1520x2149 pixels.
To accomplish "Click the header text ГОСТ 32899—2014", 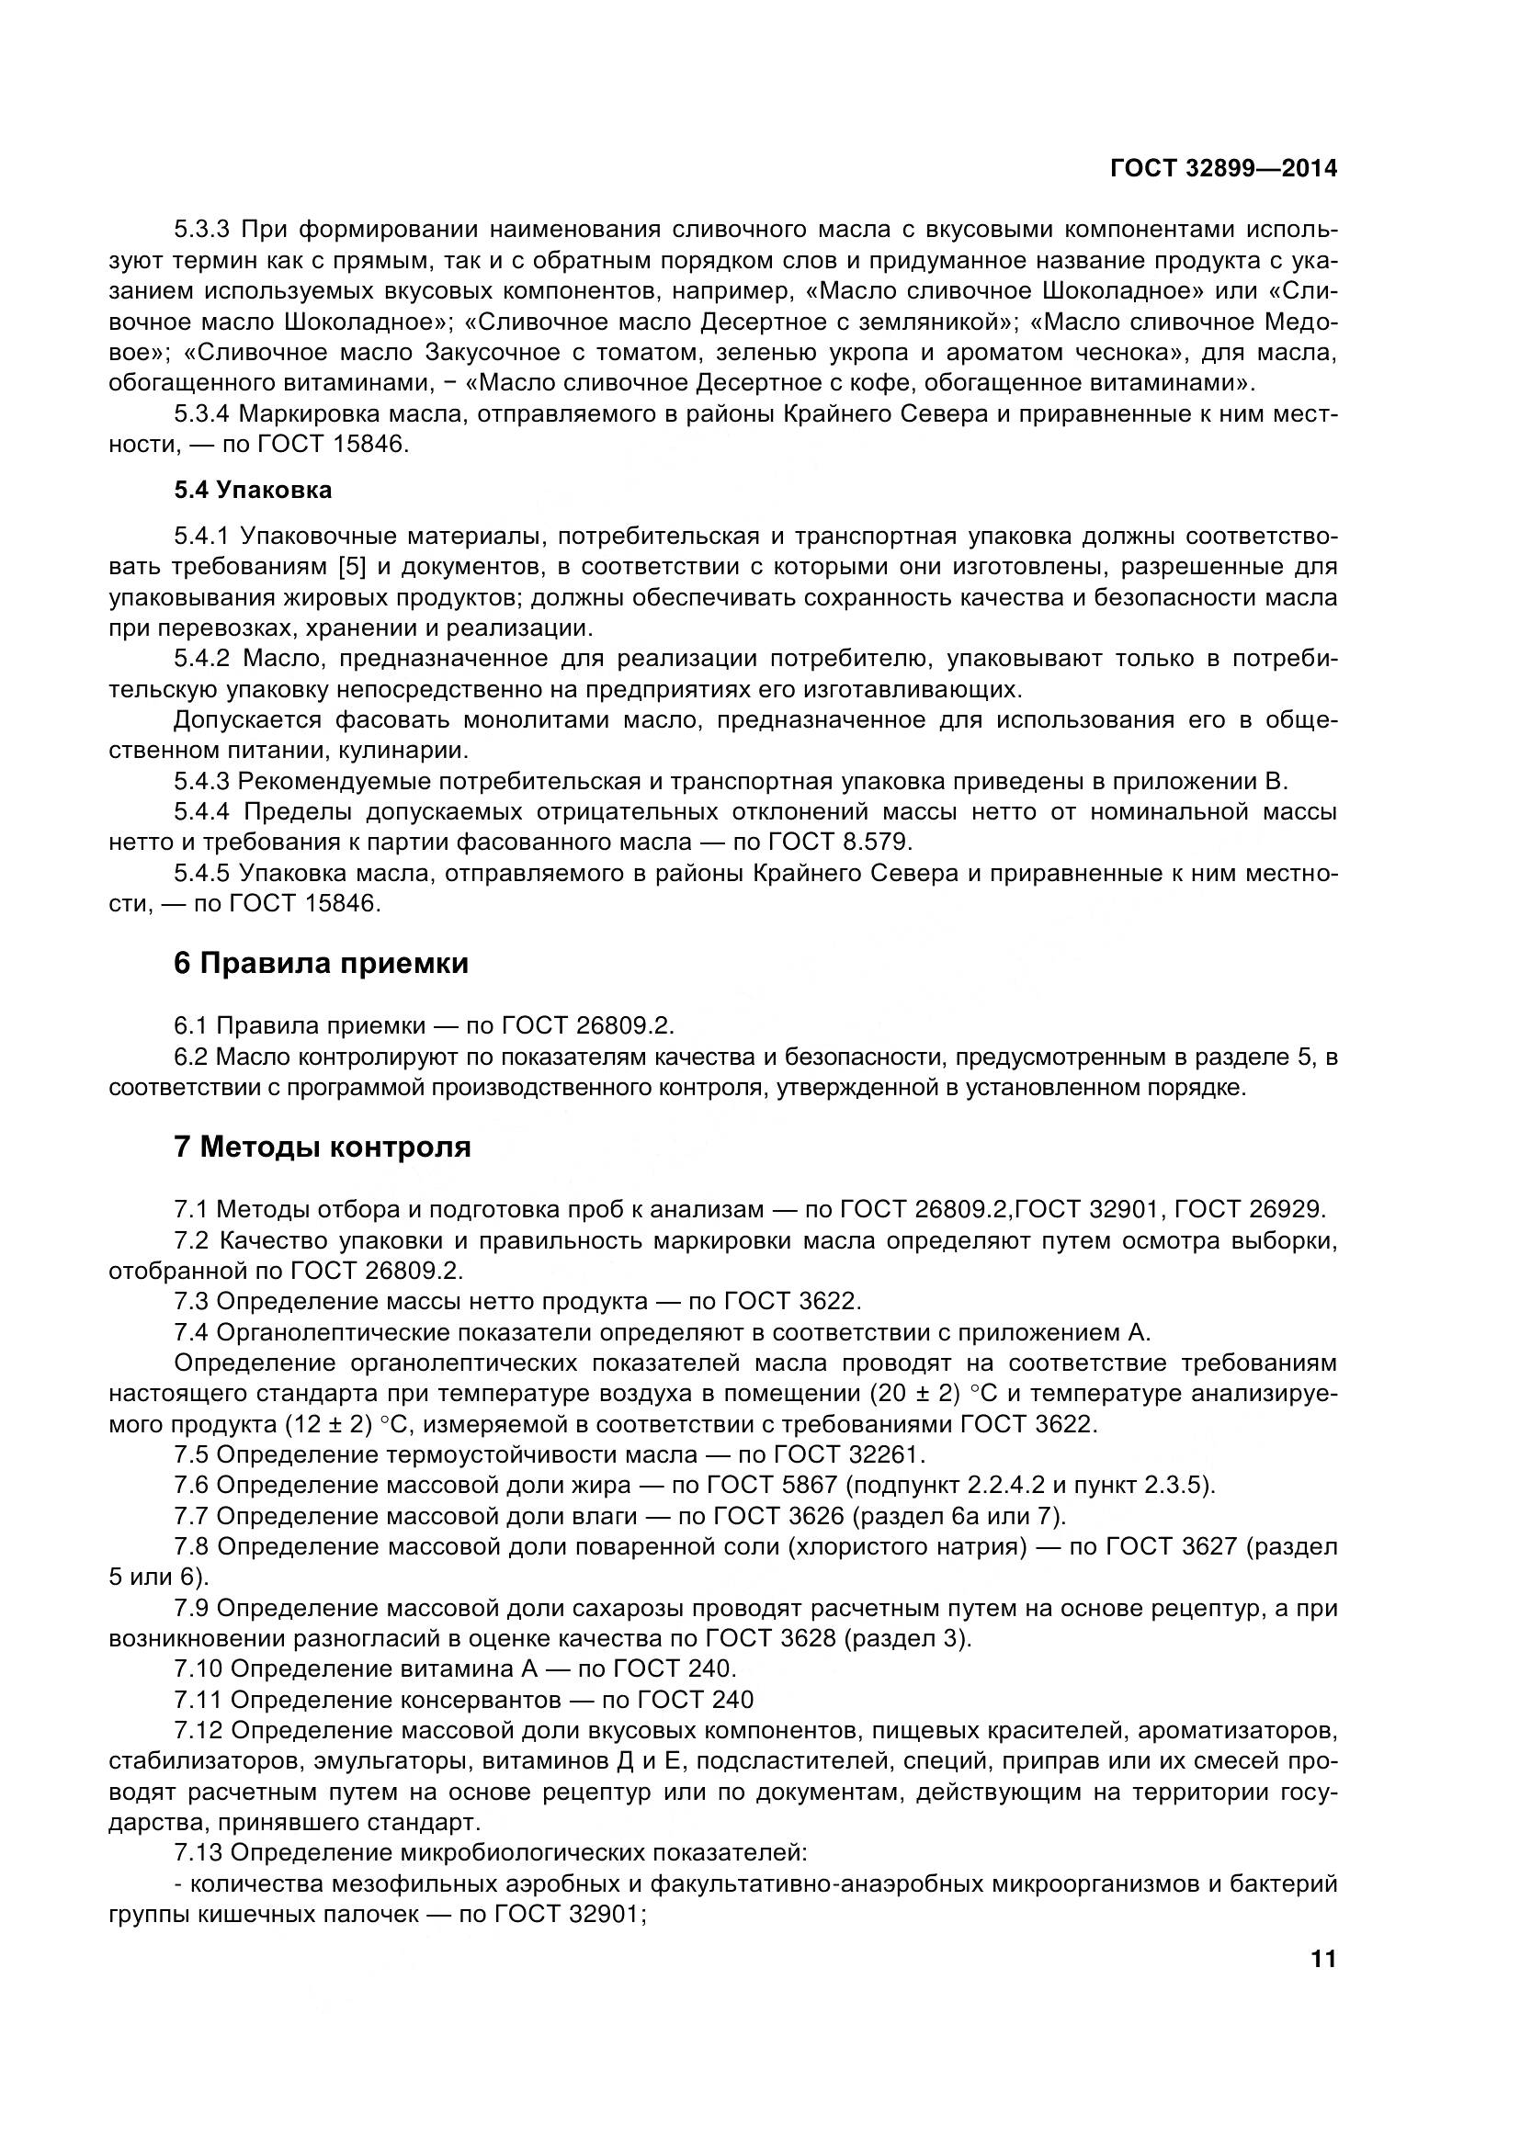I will [x=1223, y=168].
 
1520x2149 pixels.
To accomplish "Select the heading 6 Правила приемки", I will [x=321, y=963].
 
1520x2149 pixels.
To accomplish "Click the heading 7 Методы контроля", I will [x=322, y=1147].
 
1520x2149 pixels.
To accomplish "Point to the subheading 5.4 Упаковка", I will [x=253, y=490].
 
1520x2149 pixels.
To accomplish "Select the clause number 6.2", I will [x=191, y=1057].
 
